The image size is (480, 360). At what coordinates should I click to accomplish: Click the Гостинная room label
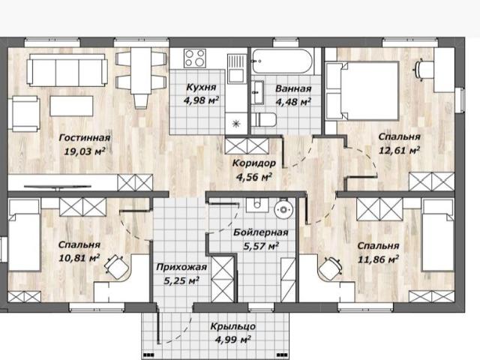[x=85, y=137]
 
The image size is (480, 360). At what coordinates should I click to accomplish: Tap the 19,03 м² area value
[x=85, y=151]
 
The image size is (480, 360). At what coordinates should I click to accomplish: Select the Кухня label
[x=201, y=87]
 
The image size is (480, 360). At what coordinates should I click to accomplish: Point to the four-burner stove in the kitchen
[x=195, y=58]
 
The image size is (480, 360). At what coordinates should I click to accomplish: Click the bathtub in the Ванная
[x=282, y=61]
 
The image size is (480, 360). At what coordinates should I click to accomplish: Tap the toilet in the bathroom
[x=265, y=120]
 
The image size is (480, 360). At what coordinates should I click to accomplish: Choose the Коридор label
[x=253, y=163]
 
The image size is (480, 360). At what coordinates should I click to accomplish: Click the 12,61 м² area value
[x=399, y=150]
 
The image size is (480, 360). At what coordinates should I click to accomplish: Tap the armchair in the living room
[x=25, y=114]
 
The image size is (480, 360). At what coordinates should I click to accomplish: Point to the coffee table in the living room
[x=71, y=106]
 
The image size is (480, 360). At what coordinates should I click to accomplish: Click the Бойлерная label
[x=261, y=232]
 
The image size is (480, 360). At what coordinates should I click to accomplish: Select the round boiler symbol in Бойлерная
[x=283, y=210]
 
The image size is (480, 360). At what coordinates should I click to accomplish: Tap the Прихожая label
[x=181, y=267]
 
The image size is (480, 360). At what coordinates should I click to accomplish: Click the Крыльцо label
[x=233, y=326]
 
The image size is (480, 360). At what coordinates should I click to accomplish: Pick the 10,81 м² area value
[x=79, y=258]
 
